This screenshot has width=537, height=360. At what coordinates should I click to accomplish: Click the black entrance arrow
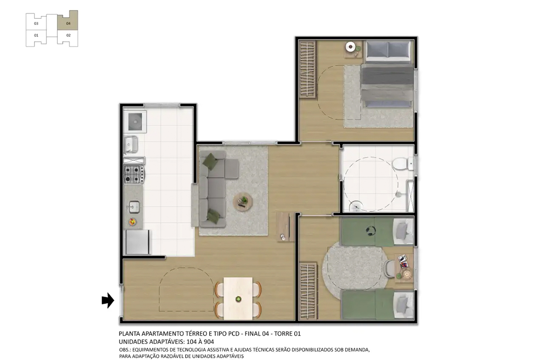[107, 300]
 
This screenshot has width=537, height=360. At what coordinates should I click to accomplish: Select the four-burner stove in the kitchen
[134, 174]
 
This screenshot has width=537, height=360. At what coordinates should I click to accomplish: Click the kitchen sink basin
[134, 207]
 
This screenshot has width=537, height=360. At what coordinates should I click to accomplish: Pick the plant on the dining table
[238, 299]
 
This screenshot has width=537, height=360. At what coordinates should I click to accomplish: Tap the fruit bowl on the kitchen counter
[133, 222]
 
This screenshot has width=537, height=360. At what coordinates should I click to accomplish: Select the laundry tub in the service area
[134, 122]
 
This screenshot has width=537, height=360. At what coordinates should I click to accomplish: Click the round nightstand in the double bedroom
[351, 46]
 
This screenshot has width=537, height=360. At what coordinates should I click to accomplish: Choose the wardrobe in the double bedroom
[307, 70]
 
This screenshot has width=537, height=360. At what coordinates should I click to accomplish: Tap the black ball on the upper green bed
[370, 230]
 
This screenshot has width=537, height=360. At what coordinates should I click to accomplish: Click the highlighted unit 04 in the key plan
[68, 22]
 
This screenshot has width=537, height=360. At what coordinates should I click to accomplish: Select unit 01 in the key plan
[36, 35]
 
